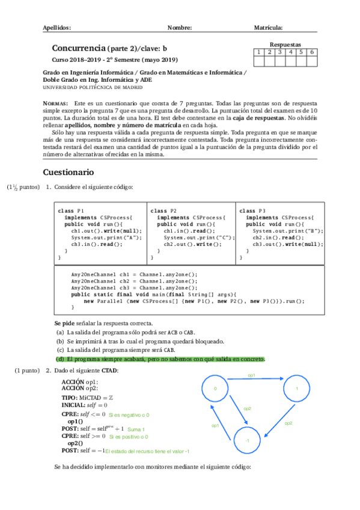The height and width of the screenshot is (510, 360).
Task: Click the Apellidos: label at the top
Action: tap(57, 28)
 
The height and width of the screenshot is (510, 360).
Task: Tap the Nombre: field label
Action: tap(180, 28)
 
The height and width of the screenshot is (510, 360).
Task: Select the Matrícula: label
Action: tap(269, 28)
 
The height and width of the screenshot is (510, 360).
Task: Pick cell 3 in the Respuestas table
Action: tap(280, 52)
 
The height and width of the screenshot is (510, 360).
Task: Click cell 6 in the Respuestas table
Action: tap(312, 52)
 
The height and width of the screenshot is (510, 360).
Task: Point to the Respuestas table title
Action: tap(285, 45)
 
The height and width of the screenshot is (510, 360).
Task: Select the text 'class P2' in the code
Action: tap(163, 211)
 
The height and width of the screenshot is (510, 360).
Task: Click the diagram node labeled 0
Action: tap(215, 389)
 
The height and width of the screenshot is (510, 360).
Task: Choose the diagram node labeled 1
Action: tap(296, 389)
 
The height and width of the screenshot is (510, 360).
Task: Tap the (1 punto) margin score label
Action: tap(28, 371)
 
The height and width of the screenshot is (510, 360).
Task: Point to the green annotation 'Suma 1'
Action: tap(136, 429)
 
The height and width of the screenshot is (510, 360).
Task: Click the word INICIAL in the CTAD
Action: tap(75, 405)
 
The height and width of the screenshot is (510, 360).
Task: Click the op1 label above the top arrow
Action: tap(252, 375)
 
